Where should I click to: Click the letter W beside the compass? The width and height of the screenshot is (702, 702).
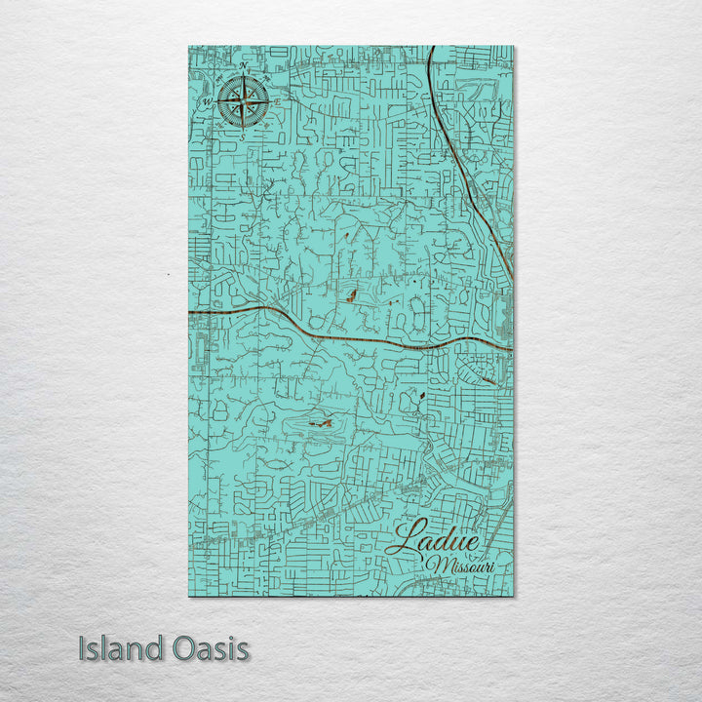pos(206,100)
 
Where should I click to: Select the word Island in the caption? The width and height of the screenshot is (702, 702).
pos(123,648)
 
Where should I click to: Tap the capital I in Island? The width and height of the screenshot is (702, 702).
pos(84,648)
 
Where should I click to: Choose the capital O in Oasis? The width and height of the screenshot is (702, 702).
pos(187,648)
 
